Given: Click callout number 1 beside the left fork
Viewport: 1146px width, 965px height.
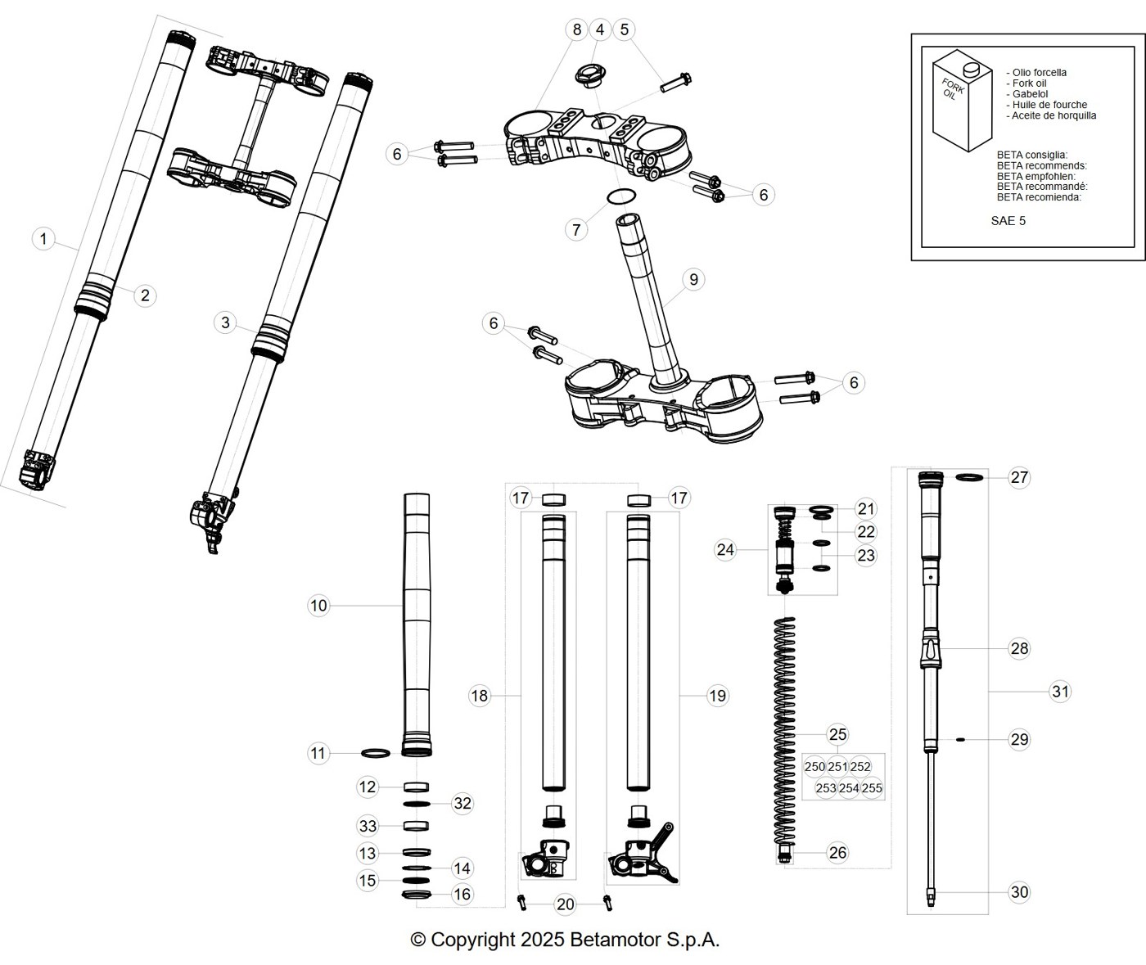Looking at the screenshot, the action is click(x=43, y=239).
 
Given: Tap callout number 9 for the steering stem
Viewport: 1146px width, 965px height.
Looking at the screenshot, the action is click(x=694, y=279).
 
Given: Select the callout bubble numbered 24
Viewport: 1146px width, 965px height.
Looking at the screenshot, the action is click(x=725, y=549).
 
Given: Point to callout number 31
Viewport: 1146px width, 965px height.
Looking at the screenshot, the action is click(x=1060, y=691).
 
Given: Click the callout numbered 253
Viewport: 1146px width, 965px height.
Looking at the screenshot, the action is click(x=825, y=788).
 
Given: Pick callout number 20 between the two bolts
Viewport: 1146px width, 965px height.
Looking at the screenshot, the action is click(x=566, y=904).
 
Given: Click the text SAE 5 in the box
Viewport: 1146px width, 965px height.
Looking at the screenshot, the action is click(x=1008, y=221).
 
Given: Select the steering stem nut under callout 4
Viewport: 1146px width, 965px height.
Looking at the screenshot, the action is click(x=590, y=76).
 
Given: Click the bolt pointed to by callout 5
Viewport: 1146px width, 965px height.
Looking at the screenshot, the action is click(x=675, y=83).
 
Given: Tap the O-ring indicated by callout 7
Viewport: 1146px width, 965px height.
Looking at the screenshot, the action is click(x=621, y=196).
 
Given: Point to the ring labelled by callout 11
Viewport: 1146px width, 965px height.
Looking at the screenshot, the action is click(x=376, y=752).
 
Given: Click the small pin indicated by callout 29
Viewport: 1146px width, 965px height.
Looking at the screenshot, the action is click(x=960, y=739).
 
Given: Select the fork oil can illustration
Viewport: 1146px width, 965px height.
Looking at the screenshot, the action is click(x=962, y=101).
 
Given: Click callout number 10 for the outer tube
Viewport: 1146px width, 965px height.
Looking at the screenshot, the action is click(x=318, y=606).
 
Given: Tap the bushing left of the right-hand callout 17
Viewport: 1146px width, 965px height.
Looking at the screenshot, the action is click(x=638, y=500).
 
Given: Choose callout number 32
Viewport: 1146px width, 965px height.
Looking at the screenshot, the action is click(x=462, y=803).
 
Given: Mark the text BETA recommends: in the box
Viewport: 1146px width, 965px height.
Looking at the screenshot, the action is click(x=1042, y=165).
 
